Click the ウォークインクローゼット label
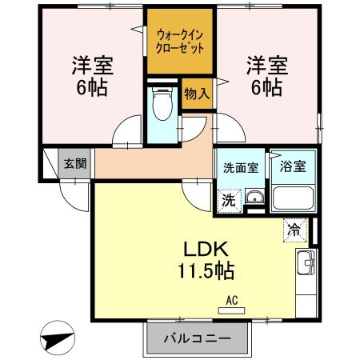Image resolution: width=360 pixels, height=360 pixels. [180, 41]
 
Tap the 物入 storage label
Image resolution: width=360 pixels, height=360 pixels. [196, 94]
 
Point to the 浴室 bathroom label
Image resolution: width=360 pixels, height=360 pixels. [292, 168]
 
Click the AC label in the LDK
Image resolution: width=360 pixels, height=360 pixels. [232, 300]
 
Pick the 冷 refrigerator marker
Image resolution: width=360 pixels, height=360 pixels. [294, 230]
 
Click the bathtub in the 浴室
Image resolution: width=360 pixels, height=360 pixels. [292, 197]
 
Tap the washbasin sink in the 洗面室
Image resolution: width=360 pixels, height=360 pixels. [254, 198]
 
